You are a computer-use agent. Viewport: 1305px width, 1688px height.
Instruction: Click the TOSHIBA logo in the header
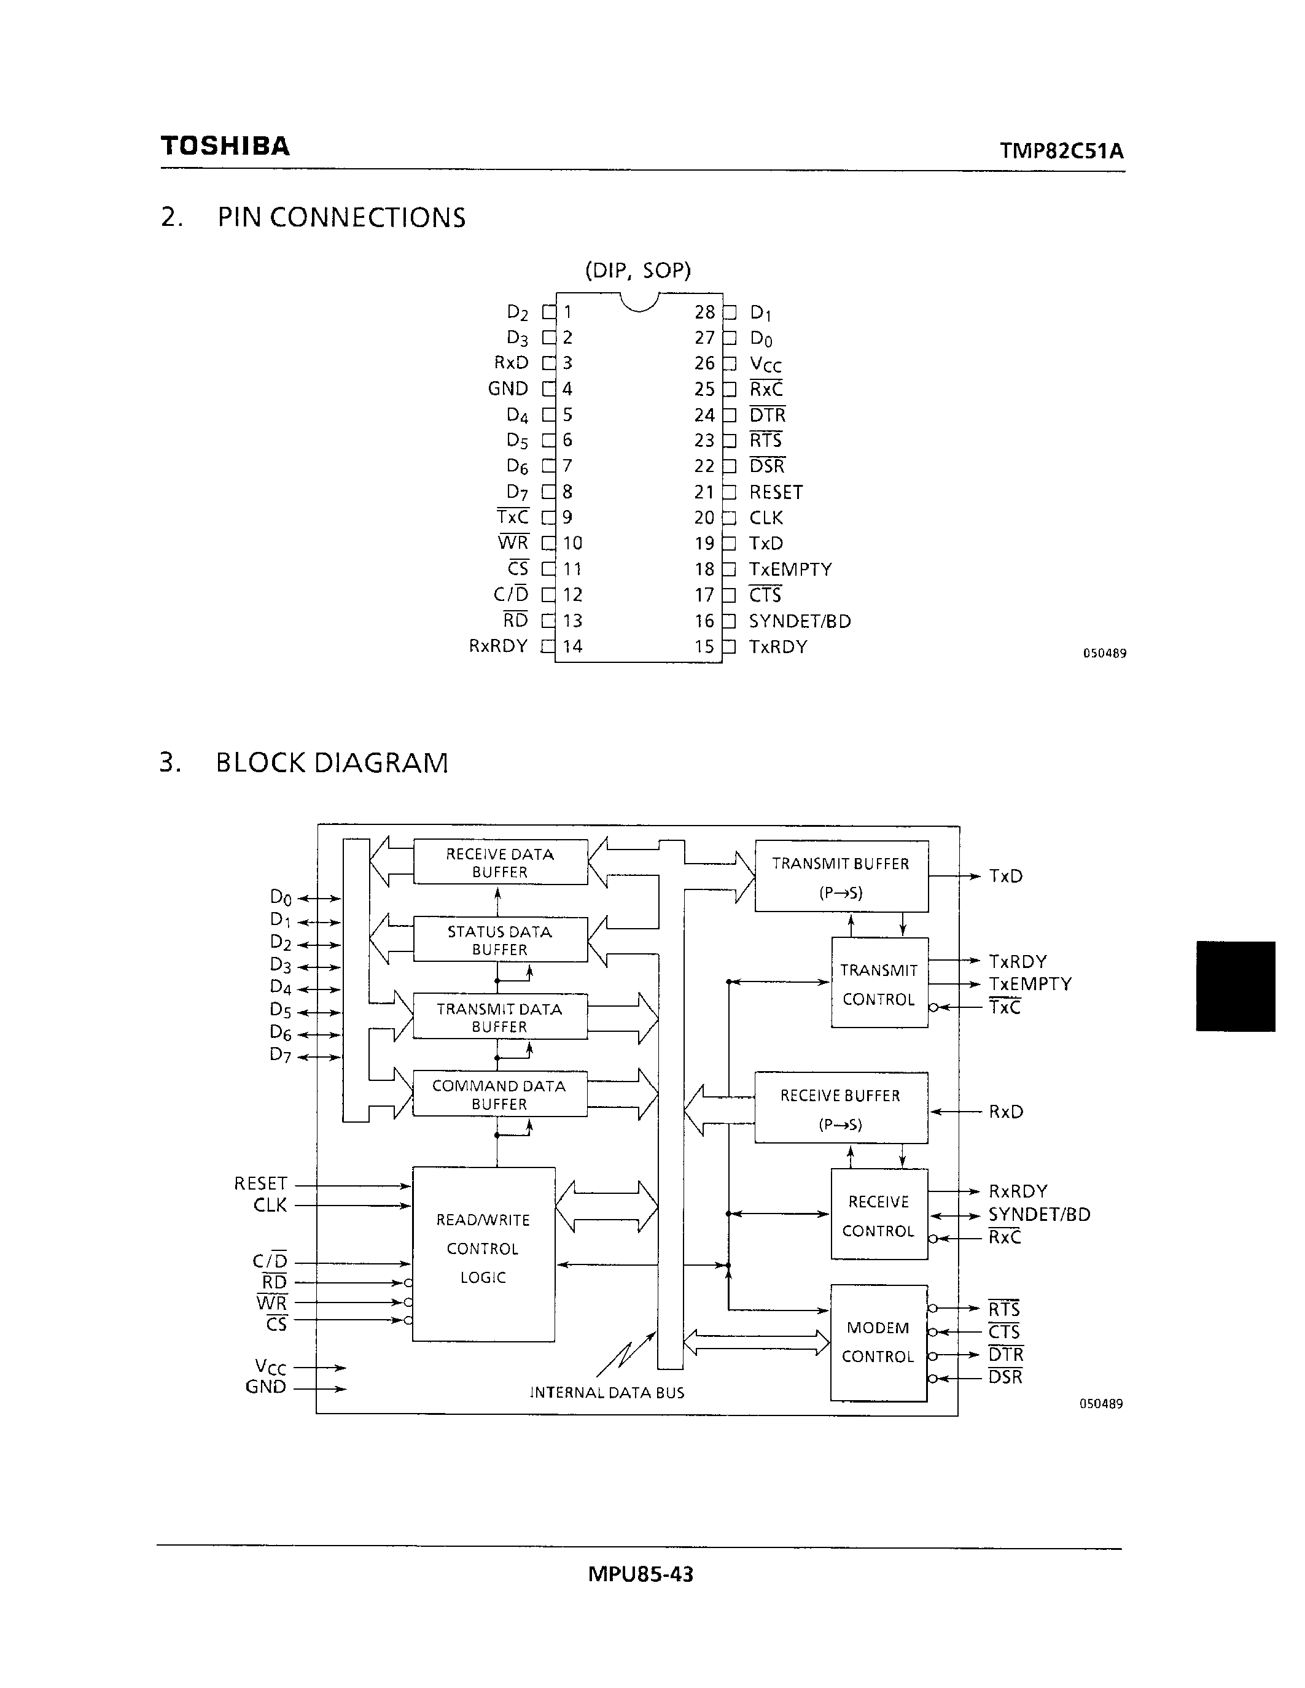tap(225, 146)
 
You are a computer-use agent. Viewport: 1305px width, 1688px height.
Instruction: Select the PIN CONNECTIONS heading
tap(341, 218)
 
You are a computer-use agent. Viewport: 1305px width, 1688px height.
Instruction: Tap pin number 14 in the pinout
tap(572, 646)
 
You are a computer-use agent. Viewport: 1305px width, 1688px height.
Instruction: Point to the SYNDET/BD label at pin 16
tap(800, 621)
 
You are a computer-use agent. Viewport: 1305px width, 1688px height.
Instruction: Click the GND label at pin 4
tap(508, 389)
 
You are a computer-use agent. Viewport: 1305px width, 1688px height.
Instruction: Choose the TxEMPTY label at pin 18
tap(790, 570)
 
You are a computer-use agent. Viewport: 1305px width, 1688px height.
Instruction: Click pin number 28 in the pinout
tap(704, 312)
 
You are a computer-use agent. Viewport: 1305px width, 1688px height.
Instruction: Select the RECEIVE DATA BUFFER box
tap(500, 862)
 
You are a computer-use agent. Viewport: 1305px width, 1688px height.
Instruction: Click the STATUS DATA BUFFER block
tap(500, 940)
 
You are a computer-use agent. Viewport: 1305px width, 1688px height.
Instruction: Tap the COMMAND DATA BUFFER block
tap(499, 1094)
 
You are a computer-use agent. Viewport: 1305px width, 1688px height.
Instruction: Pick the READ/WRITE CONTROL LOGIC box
tap(483, 1249)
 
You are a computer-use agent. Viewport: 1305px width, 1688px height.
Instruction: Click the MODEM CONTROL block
tap(878, 1342)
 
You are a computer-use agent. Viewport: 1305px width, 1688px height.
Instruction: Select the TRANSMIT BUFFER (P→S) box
tap(841, 877)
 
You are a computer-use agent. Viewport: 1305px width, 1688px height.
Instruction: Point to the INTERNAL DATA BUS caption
tap(607, 1393)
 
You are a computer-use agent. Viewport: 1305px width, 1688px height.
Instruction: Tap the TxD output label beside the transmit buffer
tap(1006, 877)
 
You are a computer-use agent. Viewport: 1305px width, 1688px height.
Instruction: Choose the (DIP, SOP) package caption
tap(638, 271)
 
